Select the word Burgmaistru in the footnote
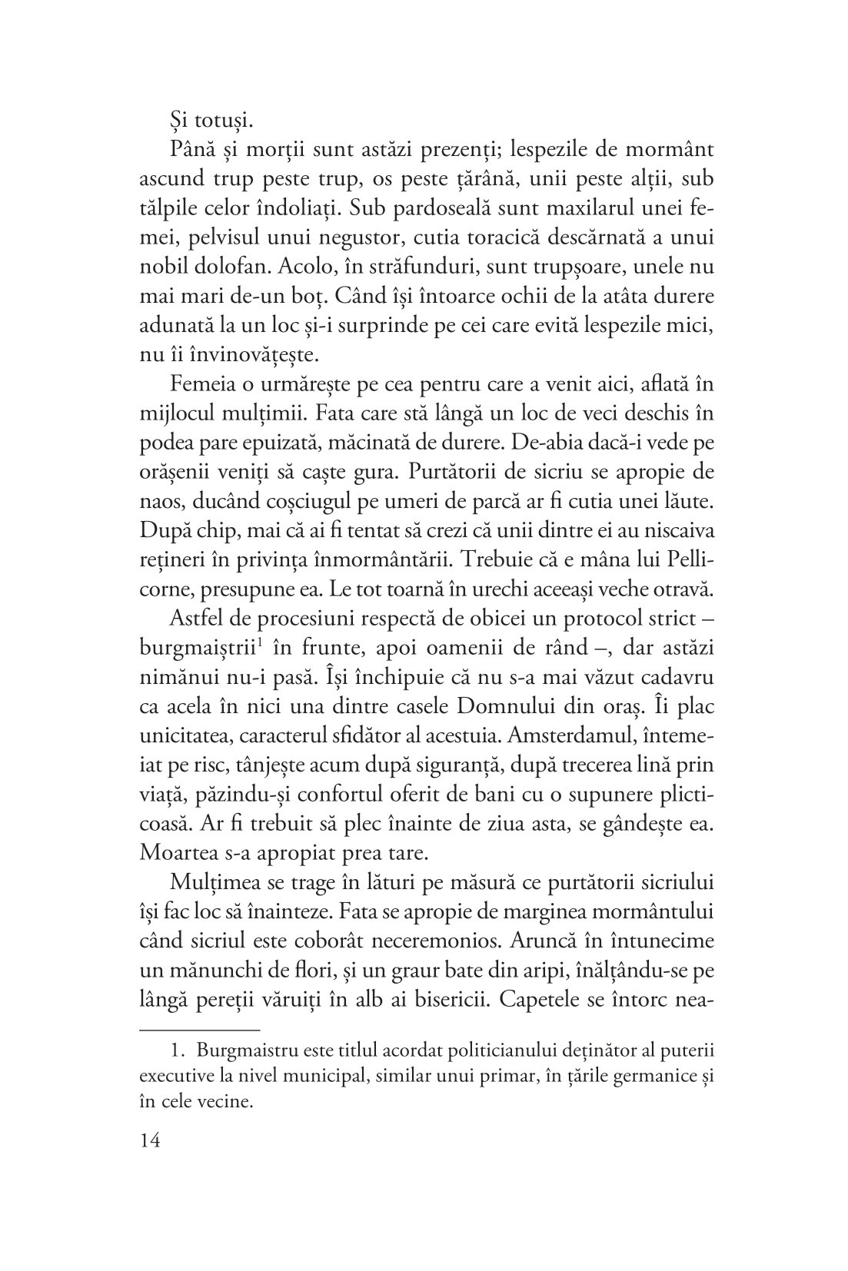click(244, 1050)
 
